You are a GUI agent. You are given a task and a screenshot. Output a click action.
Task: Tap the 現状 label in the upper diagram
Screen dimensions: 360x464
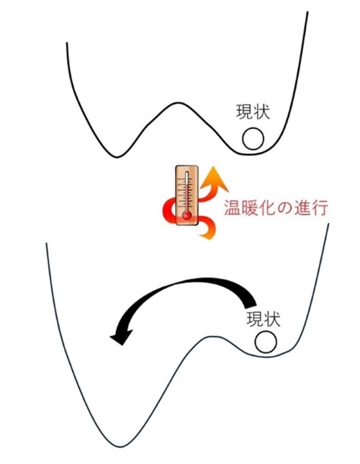(253, 112)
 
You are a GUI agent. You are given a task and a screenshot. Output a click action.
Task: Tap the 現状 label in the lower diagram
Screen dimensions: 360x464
(264, 319)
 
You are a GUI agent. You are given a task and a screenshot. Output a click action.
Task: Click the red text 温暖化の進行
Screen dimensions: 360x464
(276, 207)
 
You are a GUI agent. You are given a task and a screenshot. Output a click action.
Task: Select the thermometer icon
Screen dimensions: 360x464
(186, 196)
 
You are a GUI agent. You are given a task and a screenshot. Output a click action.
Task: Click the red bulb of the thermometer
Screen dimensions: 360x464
(186, 216)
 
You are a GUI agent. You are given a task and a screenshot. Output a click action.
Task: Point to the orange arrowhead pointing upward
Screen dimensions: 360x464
(215, 178)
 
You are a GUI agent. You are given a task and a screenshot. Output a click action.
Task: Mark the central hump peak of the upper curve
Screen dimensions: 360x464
(179, 103)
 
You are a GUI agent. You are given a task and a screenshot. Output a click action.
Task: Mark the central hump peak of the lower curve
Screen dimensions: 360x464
(212, 336)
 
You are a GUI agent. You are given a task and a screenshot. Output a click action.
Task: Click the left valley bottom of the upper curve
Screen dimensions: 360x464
(117, 157)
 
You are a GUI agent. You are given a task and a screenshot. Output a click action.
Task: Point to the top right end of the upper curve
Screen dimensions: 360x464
(307, 12)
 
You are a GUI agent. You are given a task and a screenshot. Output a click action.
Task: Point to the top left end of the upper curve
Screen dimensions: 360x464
(67, 43)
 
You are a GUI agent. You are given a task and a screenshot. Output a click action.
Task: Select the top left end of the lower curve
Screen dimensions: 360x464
(46, 243)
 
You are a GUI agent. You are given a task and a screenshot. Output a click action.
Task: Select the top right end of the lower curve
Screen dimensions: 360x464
(328, 224)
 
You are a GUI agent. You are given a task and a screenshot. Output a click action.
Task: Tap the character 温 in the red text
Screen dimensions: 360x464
(232, 207)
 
